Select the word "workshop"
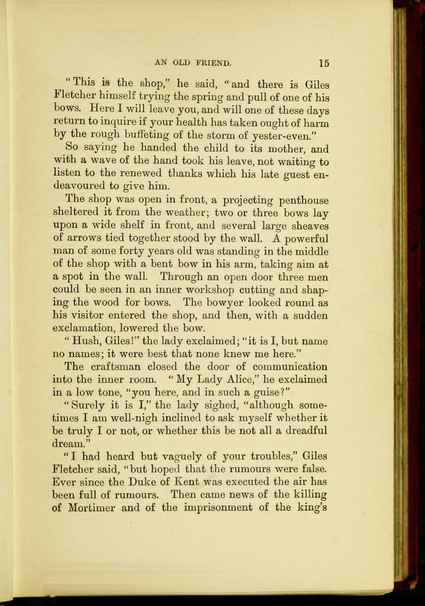(x=206, y=290)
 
